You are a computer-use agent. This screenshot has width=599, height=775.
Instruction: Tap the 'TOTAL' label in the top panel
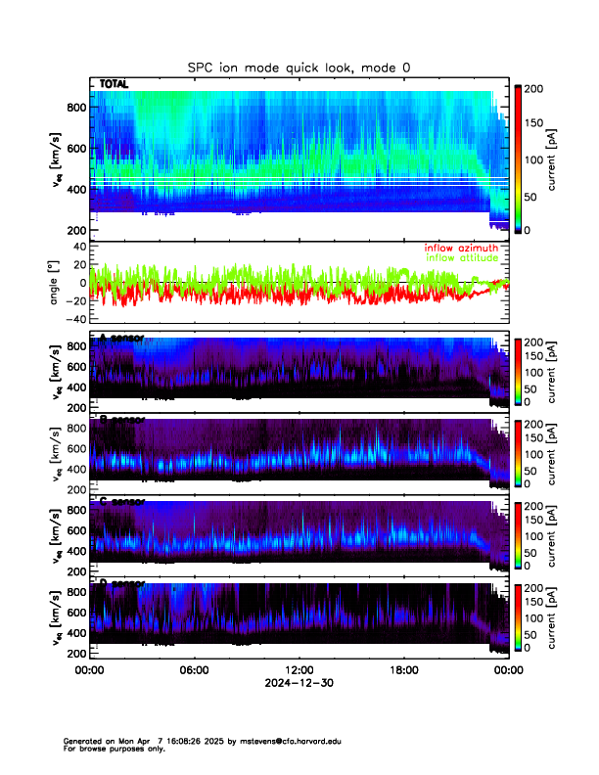click(x=115, y=84)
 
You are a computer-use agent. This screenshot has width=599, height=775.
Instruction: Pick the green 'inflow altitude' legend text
click(x=464, y=257)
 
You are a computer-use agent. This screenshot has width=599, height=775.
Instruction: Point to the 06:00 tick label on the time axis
click(x=194, y=670)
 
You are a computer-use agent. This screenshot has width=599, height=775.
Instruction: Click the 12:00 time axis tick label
click(x=299, y=670)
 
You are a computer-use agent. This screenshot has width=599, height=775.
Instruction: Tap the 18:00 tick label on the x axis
click(x=404, y=670)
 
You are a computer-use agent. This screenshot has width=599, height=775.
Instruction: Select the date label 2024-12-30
click(x=299, y=683)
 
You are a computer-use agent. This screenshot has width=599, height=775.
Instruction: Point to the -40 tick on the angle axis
click(x=73, y=318)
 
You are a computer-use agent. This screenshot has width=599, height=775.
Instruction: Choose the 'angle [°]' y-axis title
click(x=57, y=283)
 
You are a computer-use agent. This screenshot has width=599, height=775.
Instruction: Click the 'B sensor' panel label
click(x=121, y=419)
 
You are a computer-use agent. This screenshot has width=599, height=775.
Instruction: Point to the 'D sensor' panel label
click(x=121, y=584)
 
